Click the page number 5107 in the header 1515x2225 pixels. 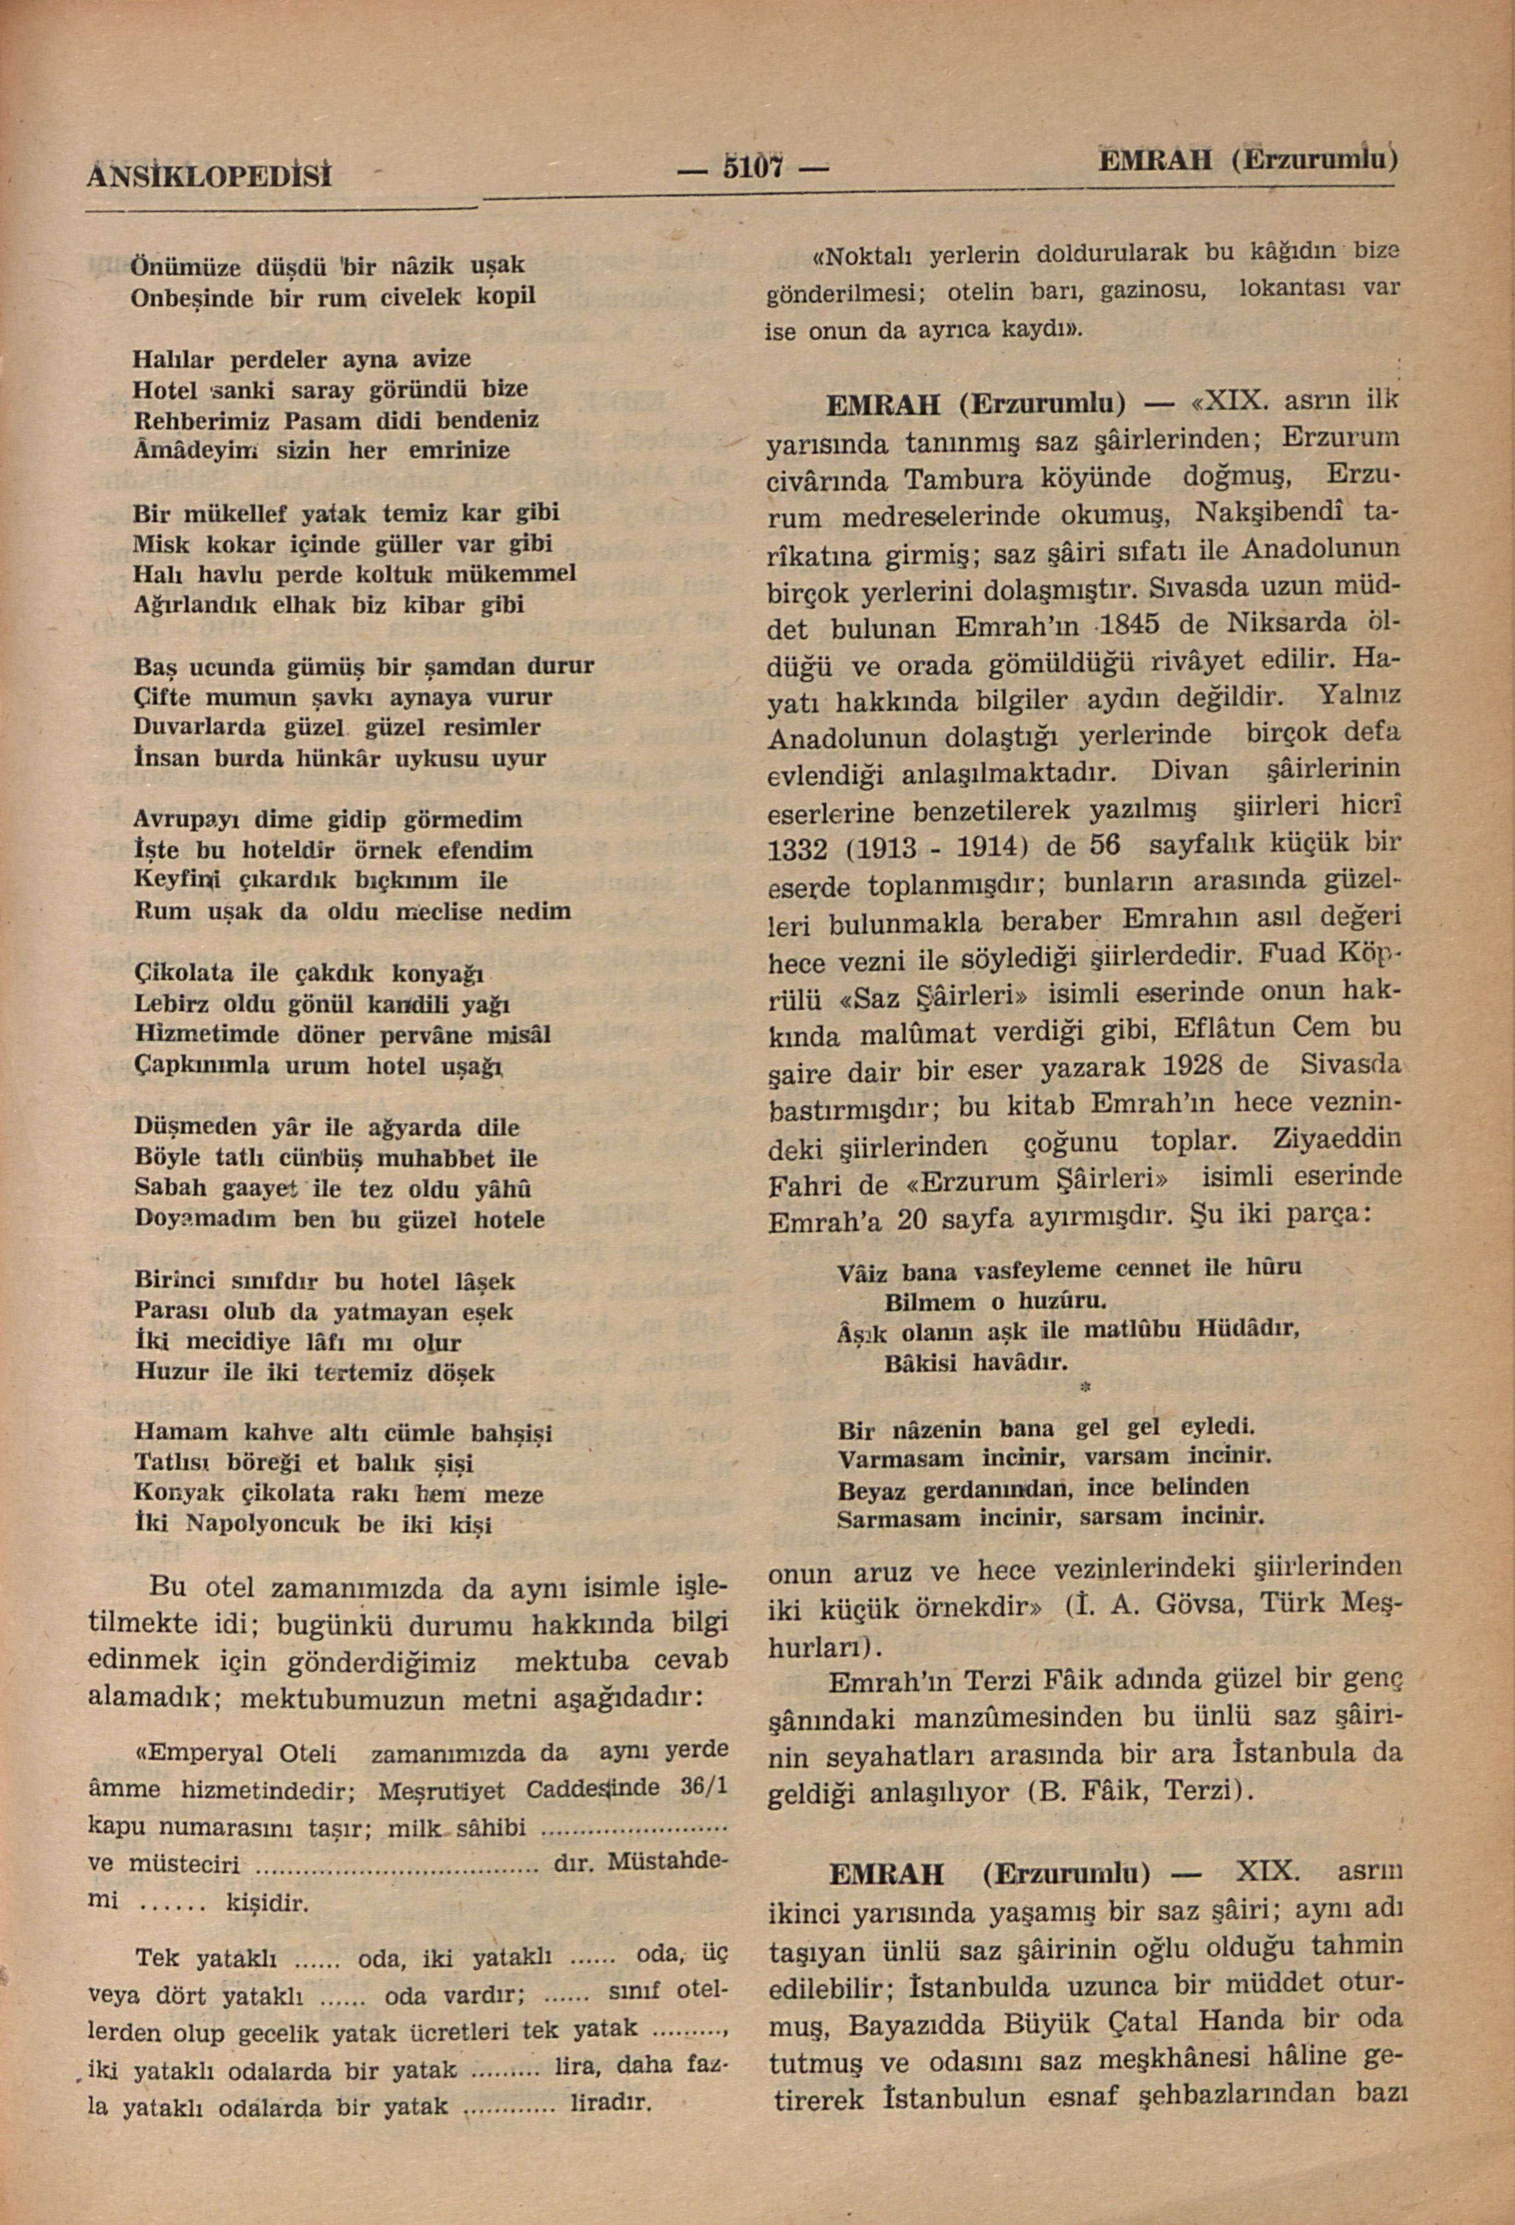(x=753, y=170)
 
